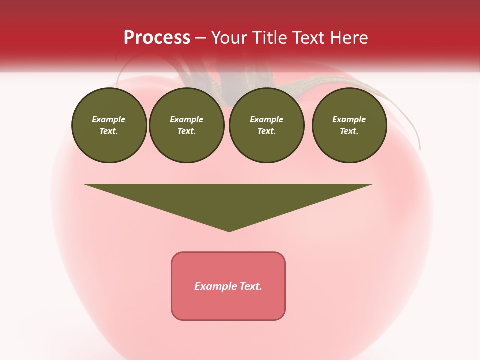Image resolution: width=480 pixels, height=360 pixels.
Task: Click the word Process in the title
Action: click(157, 38)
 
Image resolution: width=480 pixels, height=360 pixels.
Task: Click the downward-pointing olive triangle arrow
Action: click(228, 200)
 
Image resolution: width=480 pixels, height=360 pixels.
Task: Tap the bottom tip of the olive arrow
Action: click(229, 230)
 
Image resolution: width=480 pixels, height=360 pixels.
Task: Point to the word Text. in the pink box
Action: click(251, 286)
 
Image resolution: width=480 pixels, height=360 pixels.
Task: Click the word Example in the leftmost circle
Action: click(109, 119)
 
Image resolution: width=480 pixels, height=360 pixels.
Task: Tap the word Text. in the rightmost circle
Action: click(349, 131)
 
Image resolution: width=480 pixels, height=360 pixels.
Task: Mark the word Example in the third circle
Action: click(266, 119)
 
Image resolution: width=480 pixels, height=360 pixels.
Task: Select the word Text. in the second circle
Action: click(186, 131)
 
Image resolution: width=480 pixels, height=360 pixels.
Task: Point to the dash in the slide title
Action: click(200, 38)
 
